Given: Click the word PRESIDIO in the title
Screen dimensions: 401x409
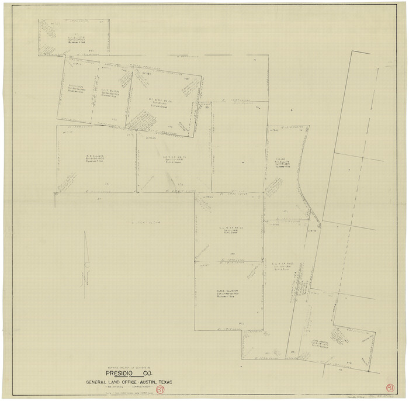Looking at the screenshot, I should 120,374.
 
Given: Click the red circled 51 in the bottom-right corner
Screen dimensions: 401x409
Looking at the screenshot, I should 390,387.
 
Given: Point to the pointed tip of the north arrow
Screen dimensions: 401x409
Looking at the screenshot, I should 85,232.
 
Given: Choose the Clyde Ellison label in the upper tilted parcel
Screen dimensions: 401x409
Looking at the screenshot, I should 110,91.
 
